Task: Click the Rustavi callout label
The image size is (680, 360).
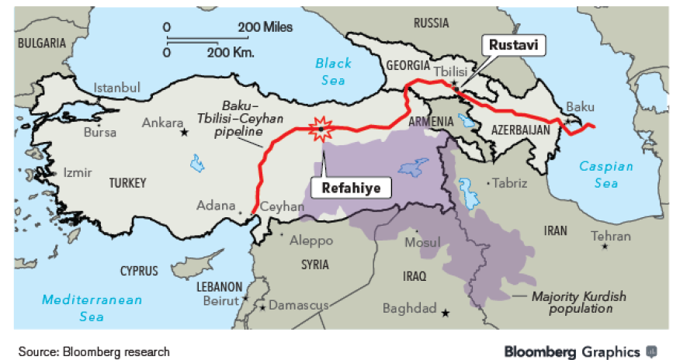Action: (x=513, y=45)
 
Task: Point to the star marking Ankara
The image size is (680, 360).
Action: (x=184, y=133)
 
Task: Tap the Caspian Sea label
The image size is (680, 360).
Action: (x=606, y=175)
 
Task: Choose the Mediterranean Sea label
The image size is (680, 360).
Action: (x=92, y=307)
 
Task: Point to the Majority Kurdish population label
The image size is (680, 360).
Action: (x=578, y=303)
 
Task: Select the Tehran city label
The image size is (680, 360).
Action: (x=611, y=236)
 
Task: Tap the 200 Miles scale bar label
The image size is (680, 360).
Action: (x=265, y=27)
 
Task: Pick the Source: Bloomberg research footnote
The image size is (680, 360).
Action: (x=94, y=351)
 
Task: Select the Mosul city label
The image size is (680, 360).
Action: (x=423, y=244)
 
